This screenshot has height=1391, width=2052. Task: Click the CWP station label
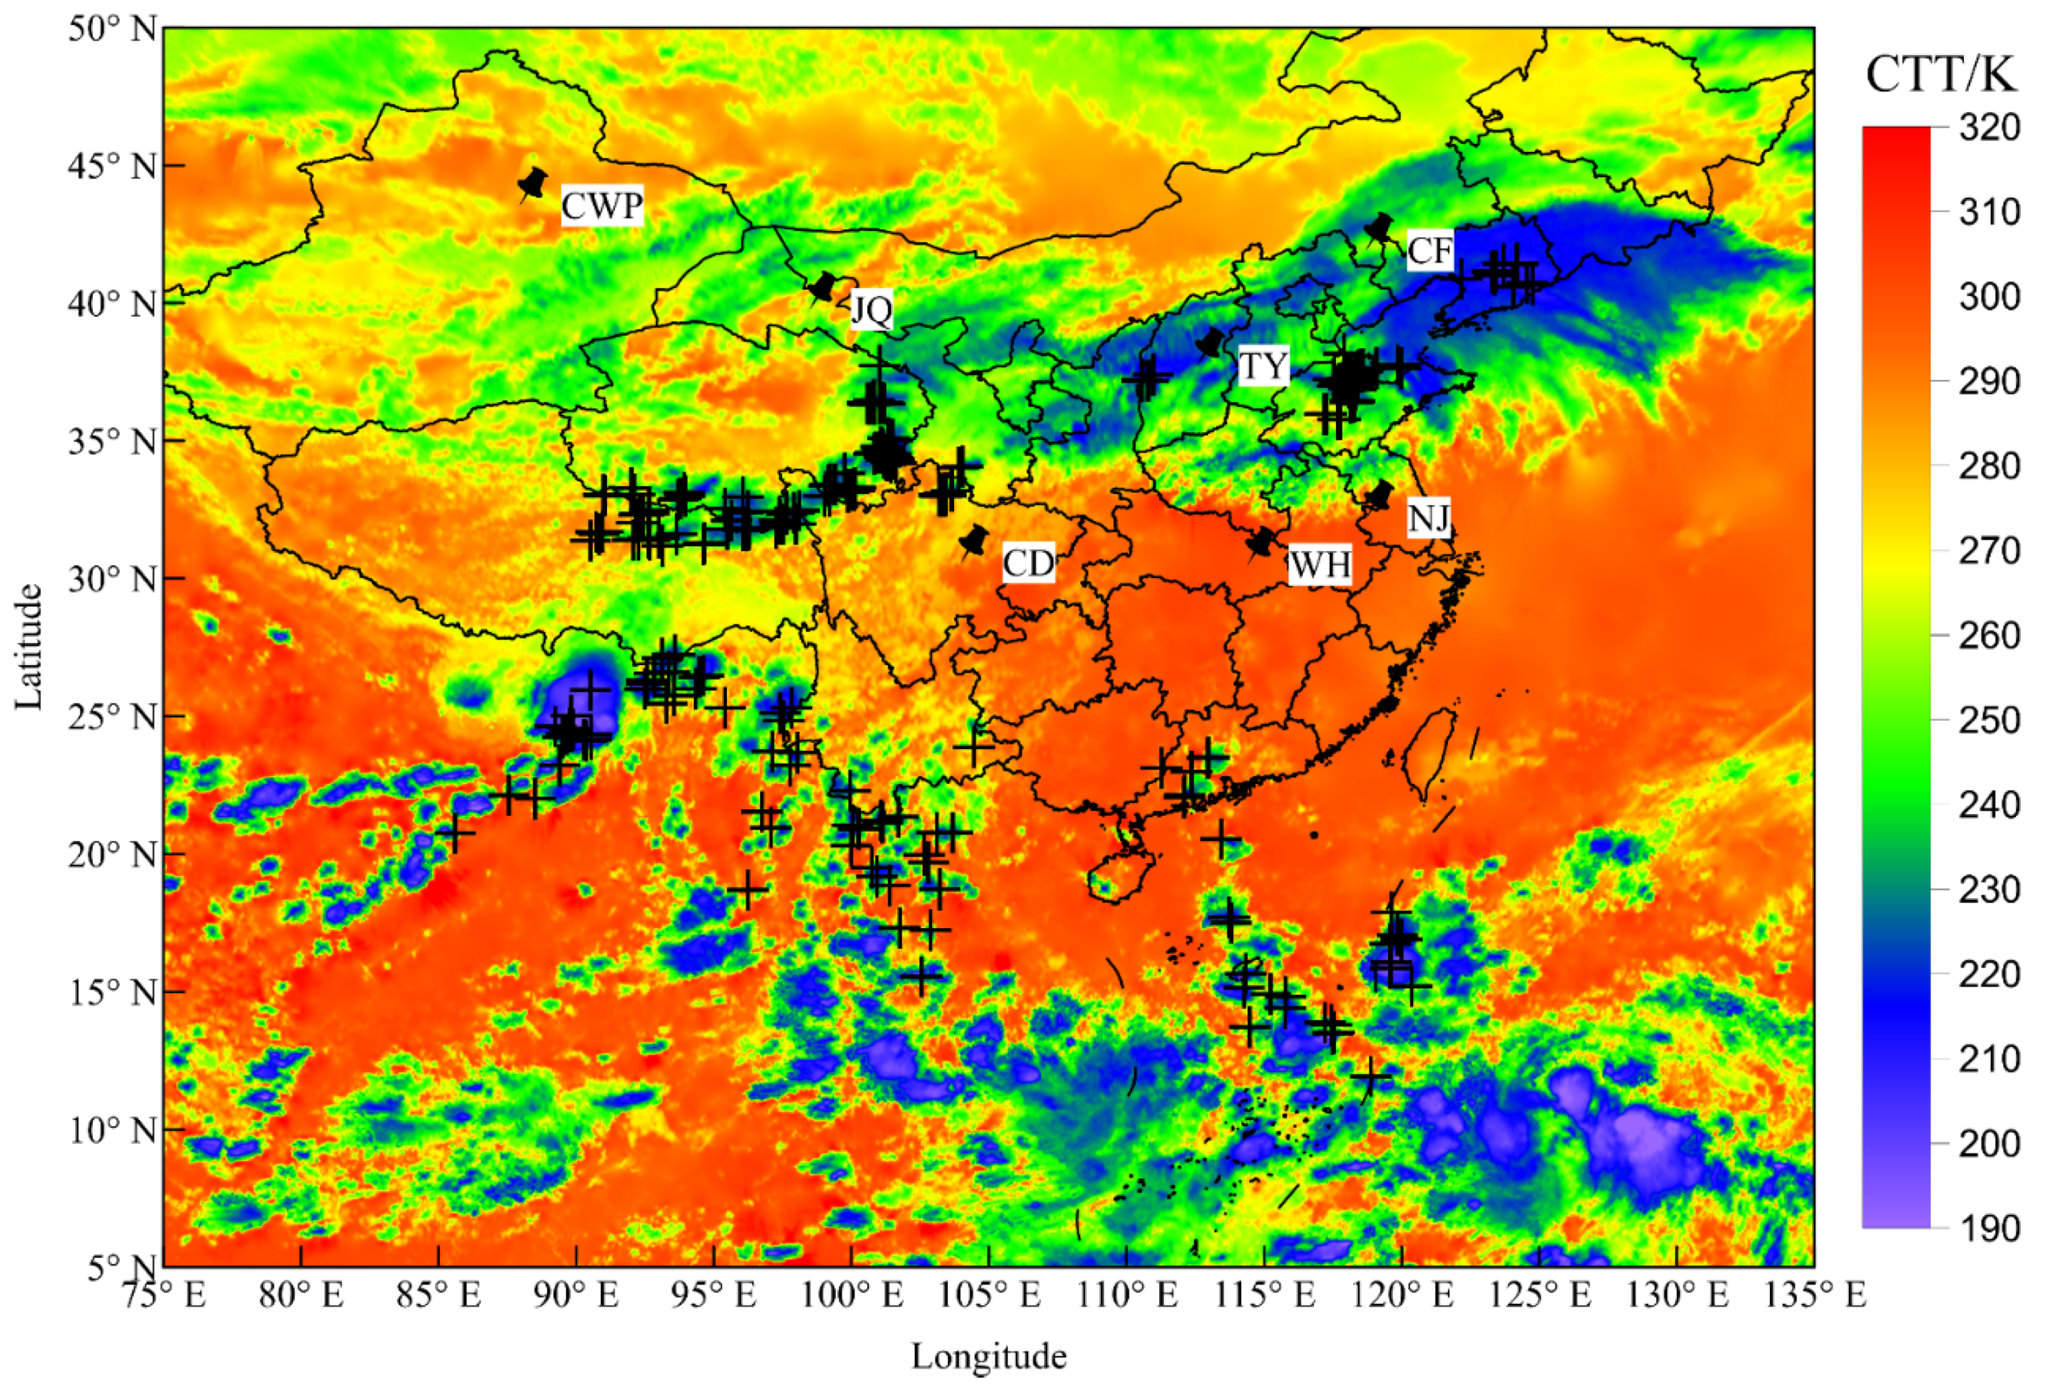[601, 206]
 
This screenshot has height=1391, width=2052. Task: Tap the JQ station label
[871, 309]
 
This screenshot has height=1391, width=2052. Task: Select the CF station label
[1429, 251]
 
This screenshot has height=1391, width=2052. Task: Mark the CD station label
[1029, 563]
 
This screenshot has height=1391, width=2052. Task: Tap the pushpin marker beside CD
[975, 540]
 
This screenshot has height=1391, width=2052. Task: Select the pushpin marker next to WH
[1262, 542]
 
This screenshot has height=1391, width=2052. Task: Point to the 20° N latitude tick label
[112, 854]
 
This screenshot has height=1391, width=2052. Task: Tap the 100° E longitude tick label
[850, 1296]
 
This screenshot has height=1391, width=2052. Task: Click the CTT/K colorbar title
[1941, 74]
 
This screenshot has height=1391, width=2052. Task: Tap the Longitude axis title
[989, 1356]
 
